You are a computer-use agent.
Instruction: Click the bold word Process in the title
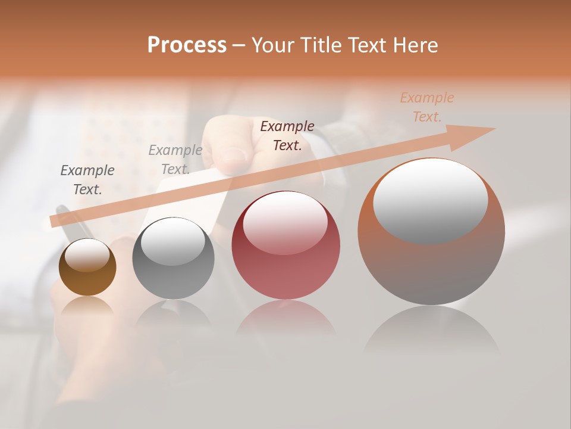tap(187, 45)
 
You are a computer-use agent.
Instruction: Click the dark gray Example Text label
tap(87, 180)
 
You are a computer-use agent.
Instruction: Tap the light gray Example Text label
tap(175, 160)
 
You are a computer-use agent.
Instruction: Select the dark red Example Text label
tap(287, 135)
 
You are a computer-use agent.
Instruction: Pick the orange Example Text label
tap(427, 107)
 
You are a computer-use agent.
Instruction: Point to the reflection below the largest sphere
tap(431, 331)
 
